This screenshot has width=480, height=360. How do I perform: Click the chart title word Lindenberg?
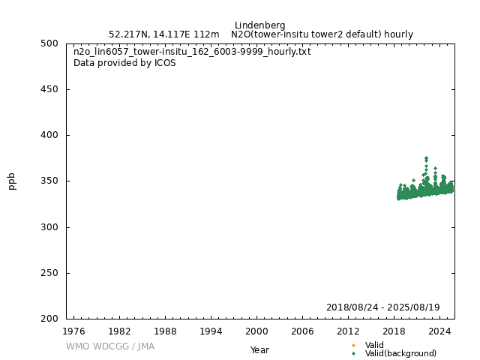tap(259, 25)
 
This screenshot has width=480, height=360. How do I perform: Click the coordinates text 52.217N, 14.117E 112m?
tap(163, 34)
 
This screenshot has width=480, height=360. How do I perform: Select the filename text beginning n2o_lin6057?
tap(192, 52)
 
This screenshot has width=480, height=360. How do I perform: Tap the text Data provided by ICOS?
tap(124, 63)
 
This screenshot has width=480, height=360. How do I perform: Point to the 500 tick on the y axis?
tap(50, 43)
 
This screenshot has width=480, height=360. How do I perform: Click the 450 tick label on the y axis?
tap(50, 89)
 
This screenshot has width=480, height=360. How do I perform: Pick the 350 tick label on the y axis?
tap(50, 181)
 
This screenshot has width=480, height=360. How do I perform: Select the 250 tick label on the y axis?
tap(50, 273)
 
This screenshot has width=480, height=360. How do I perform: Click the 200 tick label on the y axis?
tap(50, 319)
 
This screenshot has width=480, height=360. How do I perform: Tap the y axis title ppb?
tap(12, 181)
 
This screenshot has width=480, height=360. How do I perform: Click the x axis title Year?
tap(259, 350)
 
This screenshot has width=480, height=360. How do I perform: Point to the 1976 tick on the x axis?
tap(73, 331)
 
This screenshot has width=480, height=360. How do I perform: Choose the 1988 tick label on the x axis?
tap(165, 331)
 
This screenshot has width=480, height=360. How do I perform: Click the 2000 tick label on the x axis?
tap(256, 331)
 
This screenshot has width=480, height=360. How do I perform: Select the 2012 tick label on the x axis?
tap(348, 331)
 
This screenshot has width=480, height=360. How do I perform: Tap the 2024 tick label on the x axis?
tap(439, 331)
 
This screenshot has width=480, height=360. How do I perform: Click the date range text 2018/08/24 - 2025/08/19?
tap(382, 307)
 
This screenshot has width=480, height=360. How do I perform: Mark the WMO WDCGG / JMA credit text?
tap(109, 346)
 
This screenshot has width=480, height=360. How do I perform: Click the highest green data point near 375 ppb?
tap(426, 158)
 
